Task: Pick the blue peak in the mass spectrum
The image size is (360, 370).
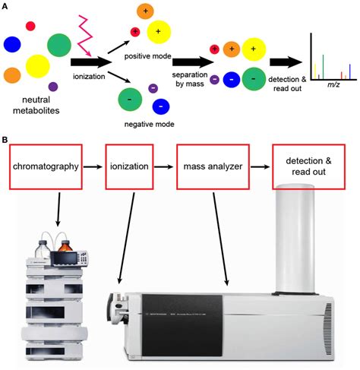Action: tap(349, 71)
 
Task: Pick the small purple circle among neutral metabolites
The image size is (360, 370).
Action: tap(52, 87)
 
